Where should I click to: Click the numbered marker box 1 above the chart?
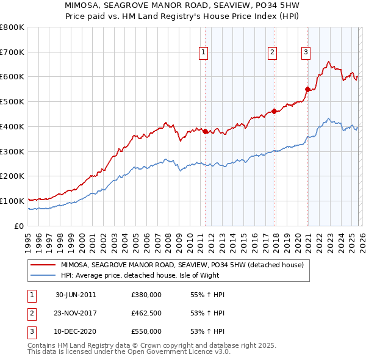pos(203,52)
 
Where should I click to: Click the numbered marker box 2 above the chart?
pos(272,52)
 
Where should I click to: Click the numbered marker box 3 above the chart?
pos(305,52)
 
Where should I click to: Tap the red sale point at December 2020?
pos(307,89)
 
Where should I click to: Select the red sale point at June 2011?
pos(205,131)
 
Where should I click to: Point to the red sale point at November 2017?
pos(274,111)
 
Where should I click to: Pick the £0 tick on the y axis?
pos(19,226)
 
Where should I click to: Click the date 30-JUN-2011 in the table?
pos(76,295)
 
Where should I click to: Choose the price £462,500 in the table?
pos(146,313)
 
